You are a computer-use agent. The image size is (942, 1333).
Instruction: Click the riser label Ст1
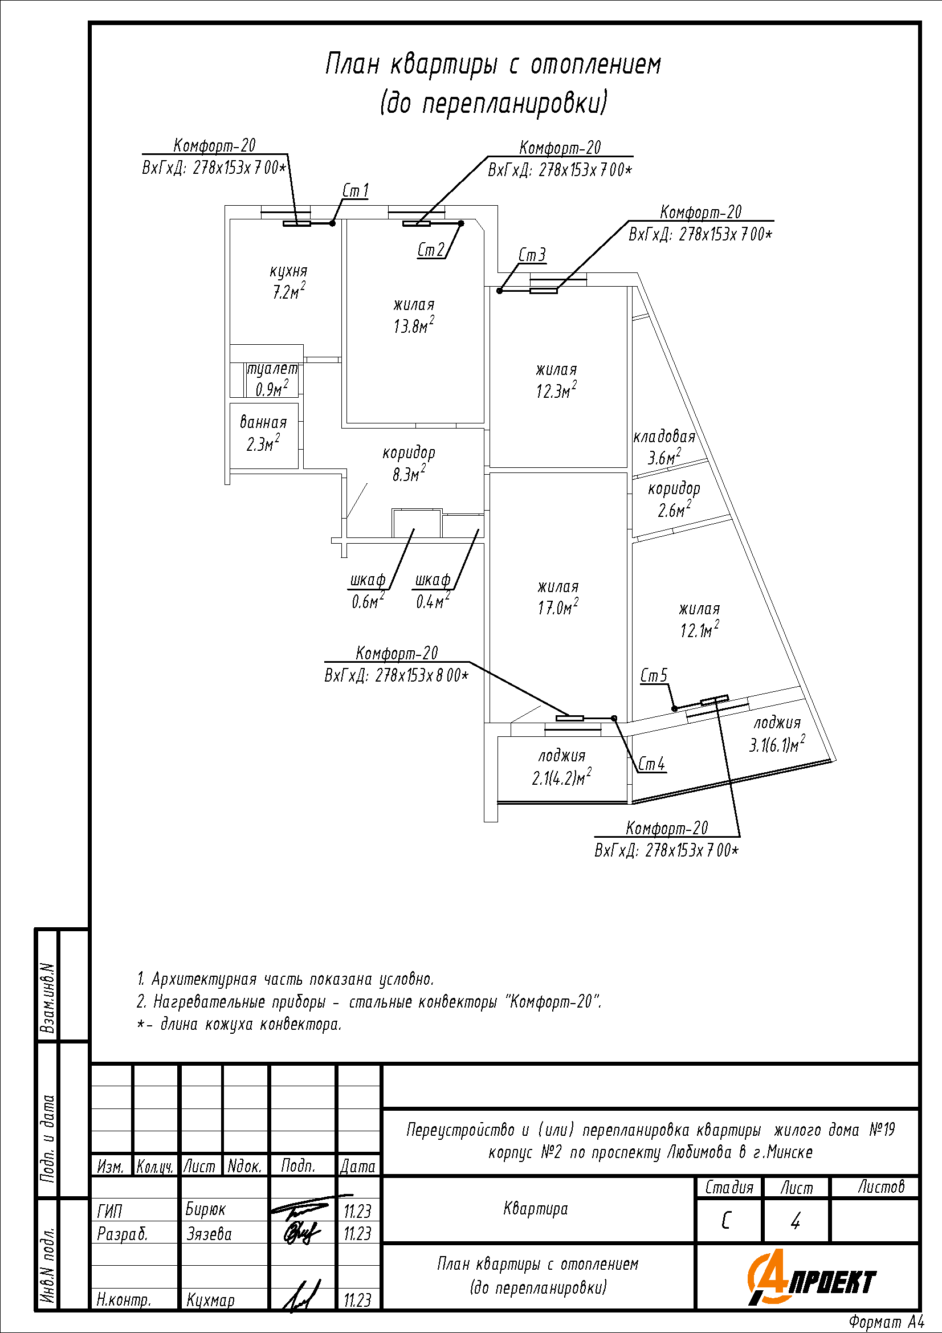pos(355,190)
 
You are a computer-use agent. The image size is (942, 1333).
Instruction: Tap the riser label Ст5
pos(654,675)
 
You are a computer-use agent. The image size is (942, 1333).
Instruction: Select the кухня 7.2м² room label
pos(288,282)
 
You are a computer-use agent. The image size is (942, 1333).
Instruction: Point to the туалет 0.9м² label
pos(272,379)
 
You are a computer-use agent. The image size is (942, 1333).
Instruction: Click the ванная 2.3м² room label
pos(263,433)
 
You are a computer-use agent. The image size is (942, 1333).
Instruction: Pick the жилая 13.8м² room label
pos(414,315)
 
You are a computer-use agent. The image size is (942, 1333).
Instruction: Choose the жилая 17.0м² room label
pos(558,597)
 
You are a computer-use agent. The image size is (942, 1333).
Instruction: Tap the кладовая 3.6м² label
pos(664,447)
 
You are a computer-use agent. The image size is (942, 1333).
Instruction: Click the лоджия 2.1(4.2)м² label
pos(562,767)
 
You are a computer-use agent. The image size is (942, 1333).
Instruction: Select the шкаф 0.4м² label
pos(433,590)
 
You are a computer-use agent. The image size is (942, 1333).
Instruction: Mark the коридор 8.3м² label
pos(409,463)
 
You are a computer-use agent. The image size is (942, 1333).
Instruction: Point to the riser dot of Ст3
pos(499,291)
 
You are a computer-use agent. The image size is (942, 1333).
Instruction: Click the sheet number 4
pos(796,1221)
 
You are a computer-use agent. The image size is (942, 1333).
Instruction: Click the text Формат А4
pos(886,1322)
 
